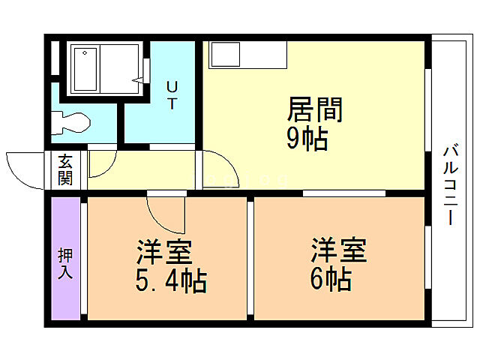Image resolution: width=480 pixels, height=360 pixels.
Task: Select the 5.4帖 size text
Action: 171,280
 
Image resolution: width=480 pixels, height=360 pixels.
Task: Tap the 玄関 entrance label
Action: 65,169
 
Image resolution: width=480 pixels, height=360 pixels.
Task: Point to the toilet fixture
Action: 71,121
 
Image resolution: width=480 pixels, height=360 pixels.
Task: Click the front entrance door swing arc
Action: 26,169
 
